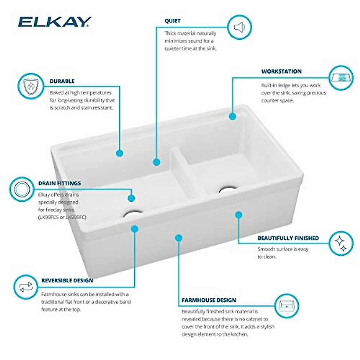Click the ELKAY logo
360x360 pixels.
55,22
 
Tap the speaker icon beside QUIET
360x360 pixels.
239,28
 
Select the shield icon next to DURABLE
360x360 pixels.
29,86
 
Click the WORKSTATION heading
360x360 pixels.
281,72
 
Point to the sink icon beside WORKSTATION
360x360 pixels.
341,77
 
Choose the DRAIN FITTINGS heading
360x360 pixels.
59,183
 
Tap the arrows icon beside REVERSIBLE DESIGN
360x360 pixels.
25,287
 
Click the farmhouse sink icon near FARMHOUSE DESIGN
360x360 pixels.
287,306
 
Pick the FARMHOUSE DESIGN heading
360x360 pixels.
209,300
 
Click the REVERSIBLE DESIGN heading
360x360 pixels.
67,281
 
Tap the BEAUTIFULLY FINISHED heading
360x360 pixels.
288,238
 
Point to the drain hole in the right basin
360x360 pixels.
228,189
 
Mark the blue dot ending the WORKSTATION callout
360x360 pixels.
232,116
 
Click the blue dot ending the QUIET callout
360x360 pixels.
156,162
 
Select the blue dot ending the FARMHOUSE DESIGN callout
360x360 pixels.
179,238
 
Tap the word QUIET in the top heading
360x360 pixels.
172,21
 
